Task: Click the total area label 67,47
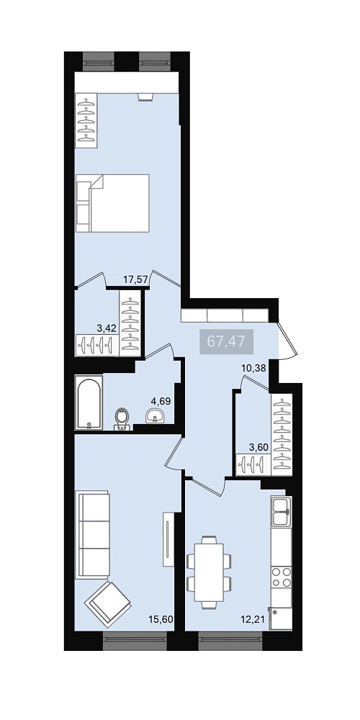226,341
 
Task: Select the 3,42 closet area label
107,328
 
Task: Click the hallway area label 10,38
254,367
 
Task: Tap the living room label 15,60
161,619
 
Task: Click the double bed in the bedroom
113,203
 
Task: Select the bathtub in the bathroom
89,402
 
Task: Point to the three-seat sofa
94,534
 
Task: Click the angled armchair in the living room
108,604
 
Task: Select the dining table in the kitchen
209,572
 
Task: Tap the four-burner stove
281,576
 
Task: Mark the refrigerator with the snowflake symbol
281,618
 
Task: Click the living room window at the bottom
135,641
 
